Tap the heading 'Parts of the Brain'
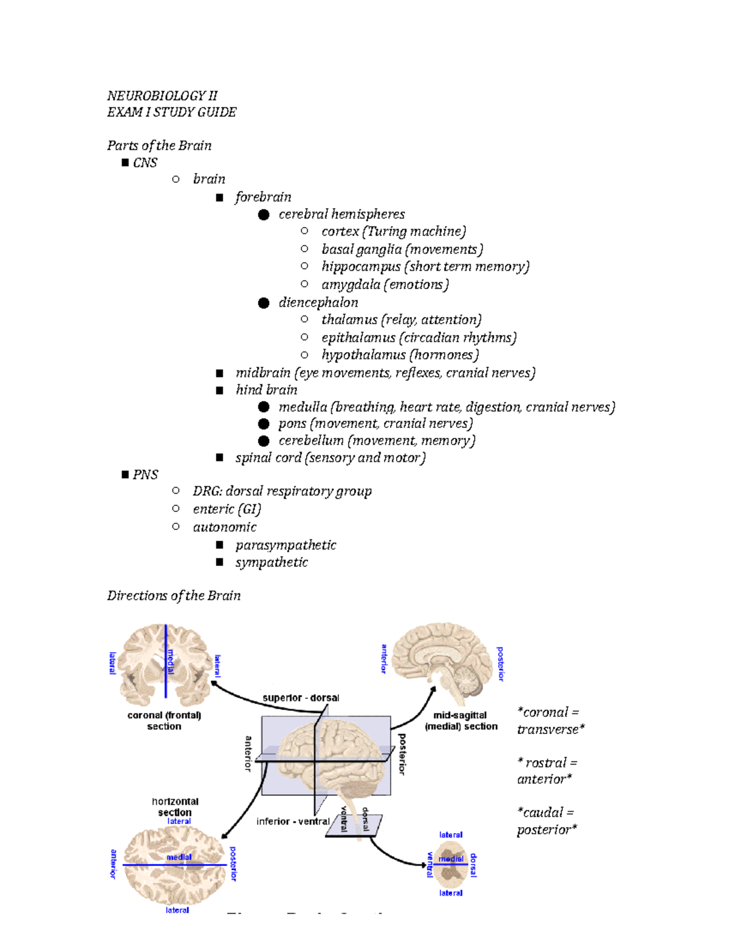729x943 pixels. coord(159,146)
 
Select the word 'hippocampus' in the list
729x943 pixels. coord(361,267)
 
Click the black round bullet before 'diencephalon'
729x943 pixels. coord(263,303)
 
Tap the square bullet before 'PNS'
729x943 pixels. coord(125,474)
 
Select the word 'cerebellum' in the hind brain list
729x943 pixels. coord(311,441)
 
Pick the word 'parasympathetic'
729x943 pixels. coord(286,545)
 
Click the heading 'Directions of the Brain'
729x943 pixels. coord(174,596)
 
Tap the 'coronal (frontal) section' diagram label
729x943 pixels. coord(164,721)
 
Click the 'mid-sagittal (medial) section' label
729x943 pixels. coord(460,721)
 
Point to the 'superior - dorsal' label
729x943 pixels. coord(301,698)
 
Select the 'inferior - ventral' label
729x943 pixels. coord(293,822)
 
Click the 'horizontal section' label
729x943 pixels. coord(175,807)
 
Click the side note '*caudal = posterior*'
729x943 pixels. coord(546,821)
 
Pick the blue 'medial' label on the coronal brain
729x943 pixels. coord(171,662)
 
